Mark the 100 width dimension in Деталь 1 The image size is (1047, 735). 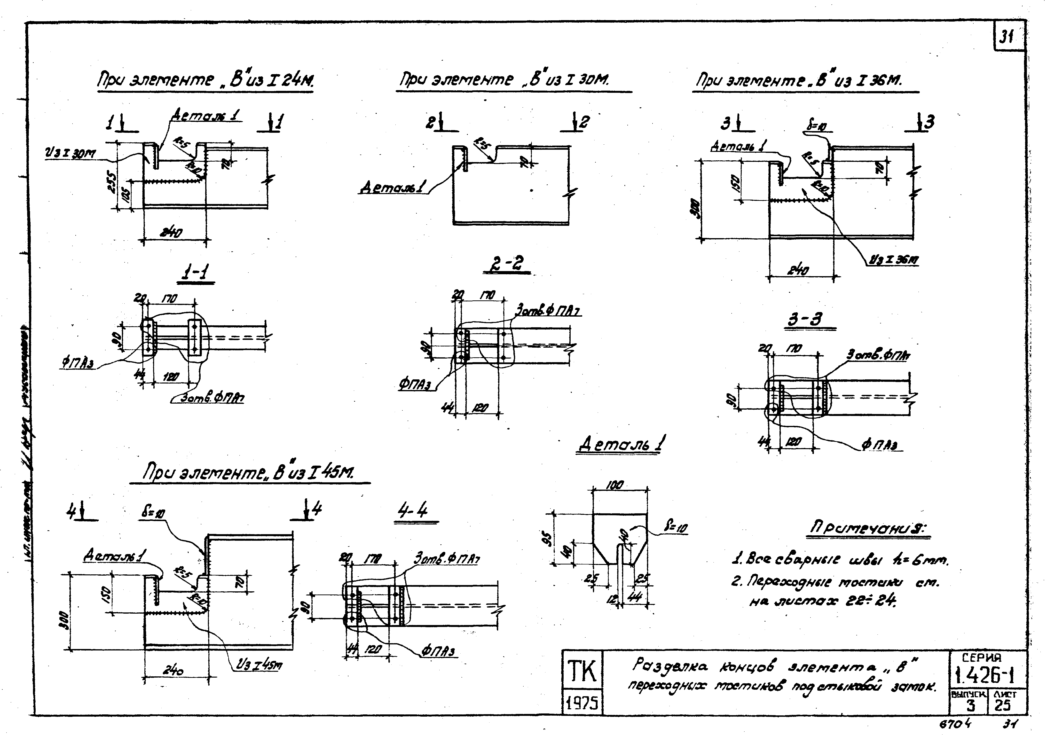[x=614, y=485]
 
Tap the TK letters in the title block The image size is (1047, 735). [x=582, y=672]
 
